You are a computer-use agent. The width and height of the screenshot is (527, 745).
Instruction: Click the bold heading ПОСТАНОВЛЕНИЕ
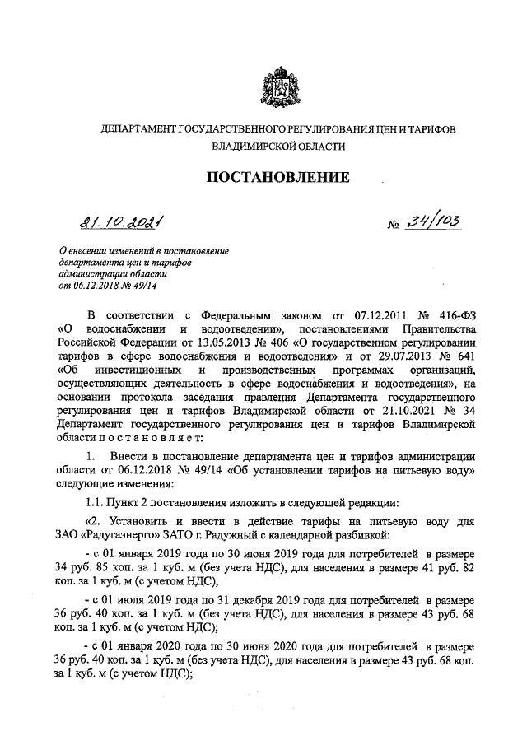tap(277, 177)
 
